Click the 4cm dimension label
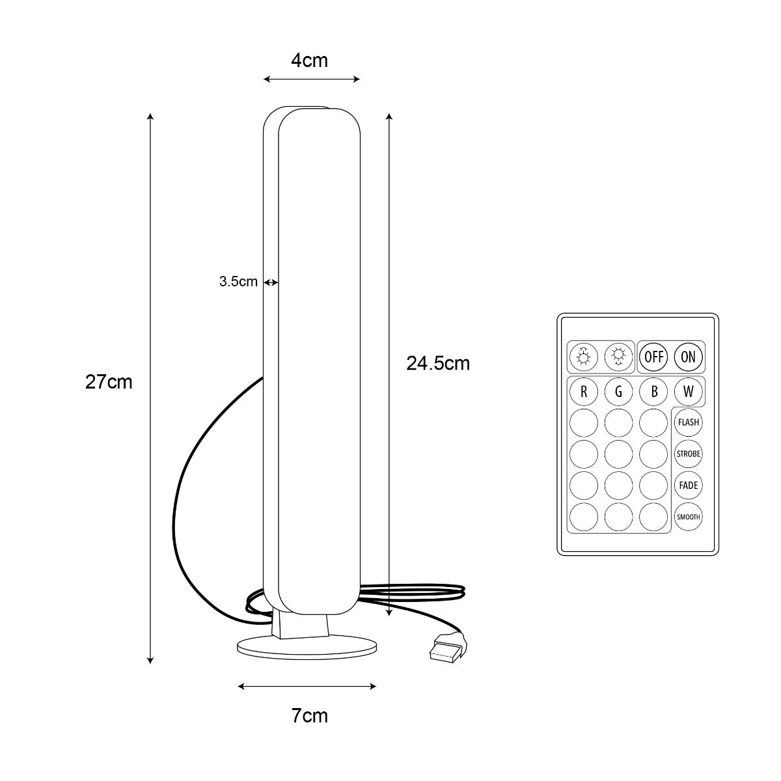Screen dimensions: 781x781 pos(309,61)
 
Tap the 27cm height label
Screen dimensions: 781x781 pos(109,382)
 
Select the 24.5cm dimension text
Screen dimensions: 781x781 pos(438,363)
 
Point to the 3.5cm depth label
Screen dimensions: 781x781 pos(238,281)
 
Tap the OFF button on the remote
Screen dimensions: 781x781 pos(653,357)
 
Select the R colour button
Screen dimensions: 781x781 pos(584,392)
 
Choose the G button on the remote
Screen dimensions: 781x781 pos(618,392)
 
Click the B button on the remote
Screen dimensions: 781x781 pos(653,392)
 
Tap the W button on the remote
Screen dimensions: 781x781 pos(688,392)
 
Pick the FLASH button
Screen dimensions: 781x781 pos(688,422)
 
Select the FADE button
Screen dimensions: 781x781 pos(688,486)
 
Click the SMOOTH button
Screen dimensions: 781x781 pos(688,517)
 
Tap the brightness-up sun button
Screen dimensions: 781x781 pos(584,357)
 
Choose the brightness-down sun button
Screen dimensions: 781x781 pos(618,357)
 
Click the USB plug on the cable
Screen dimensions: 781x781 pos(446,650)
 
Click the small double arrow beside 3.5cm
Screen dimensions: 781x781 pos(271,282)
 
